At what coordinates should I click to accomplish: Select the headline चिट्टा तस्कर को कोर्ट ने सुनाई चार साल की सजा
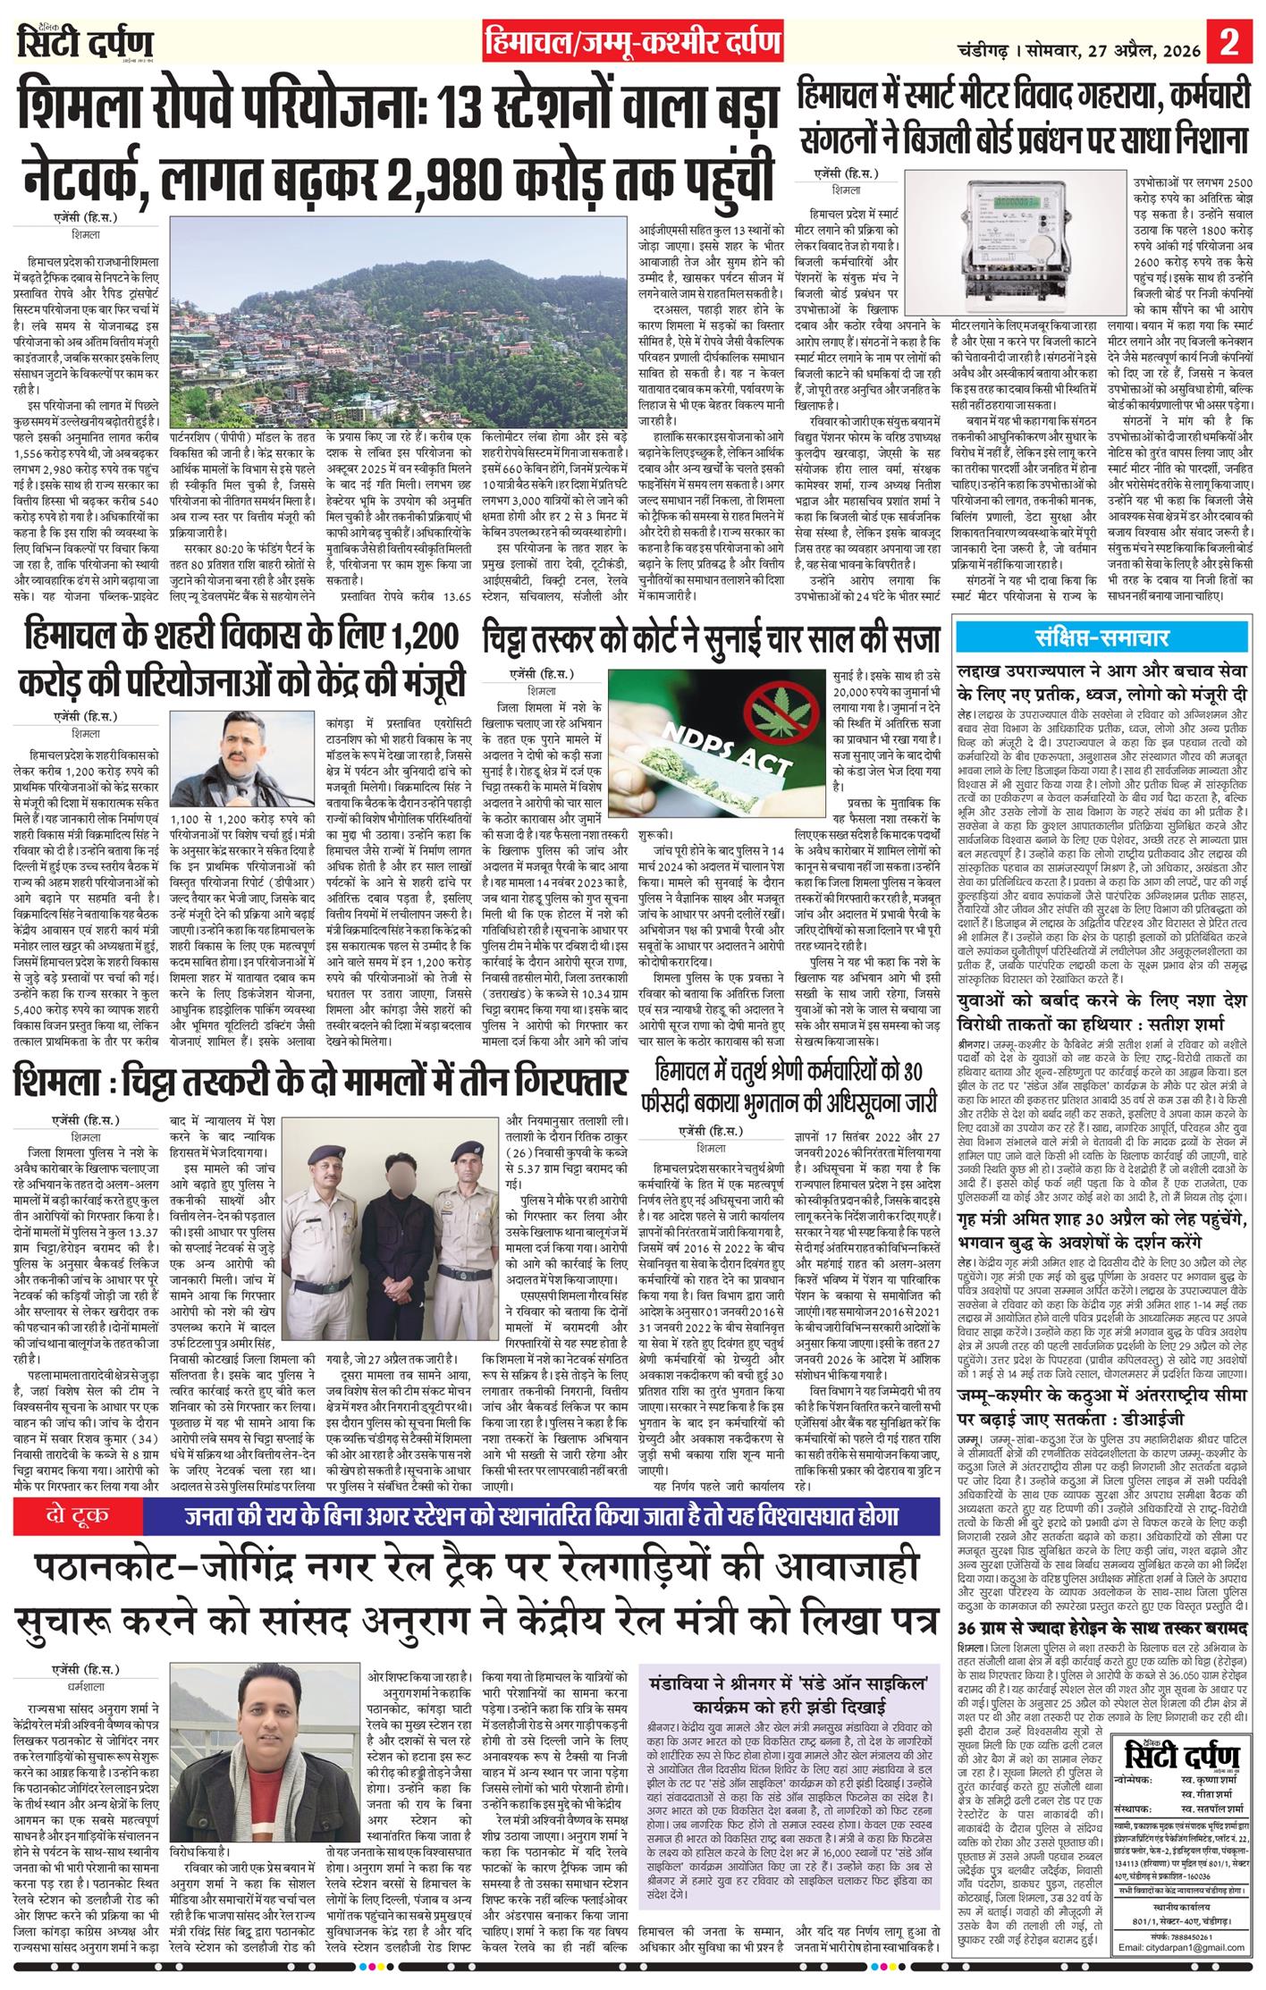711,638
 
